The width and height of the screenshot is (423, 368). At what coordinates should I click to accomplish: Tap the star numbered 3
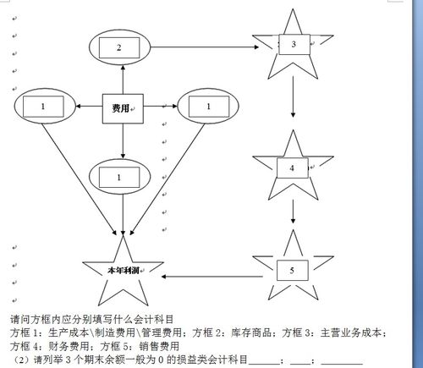[293, 44]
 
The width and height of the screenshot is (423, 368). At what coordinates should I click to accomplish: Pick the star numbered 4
[292, 168]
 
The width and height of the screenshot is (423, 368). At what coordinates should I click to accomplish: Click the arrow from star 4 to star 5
[292, 216]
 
